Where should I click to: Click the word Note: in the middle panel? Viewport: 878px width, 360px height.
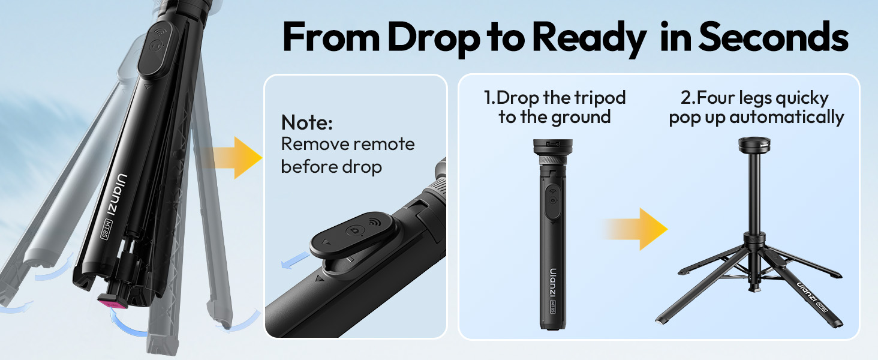click(306, 123)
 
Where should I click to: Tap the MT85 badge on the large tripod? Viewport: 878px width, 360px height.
click(106, 230)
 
